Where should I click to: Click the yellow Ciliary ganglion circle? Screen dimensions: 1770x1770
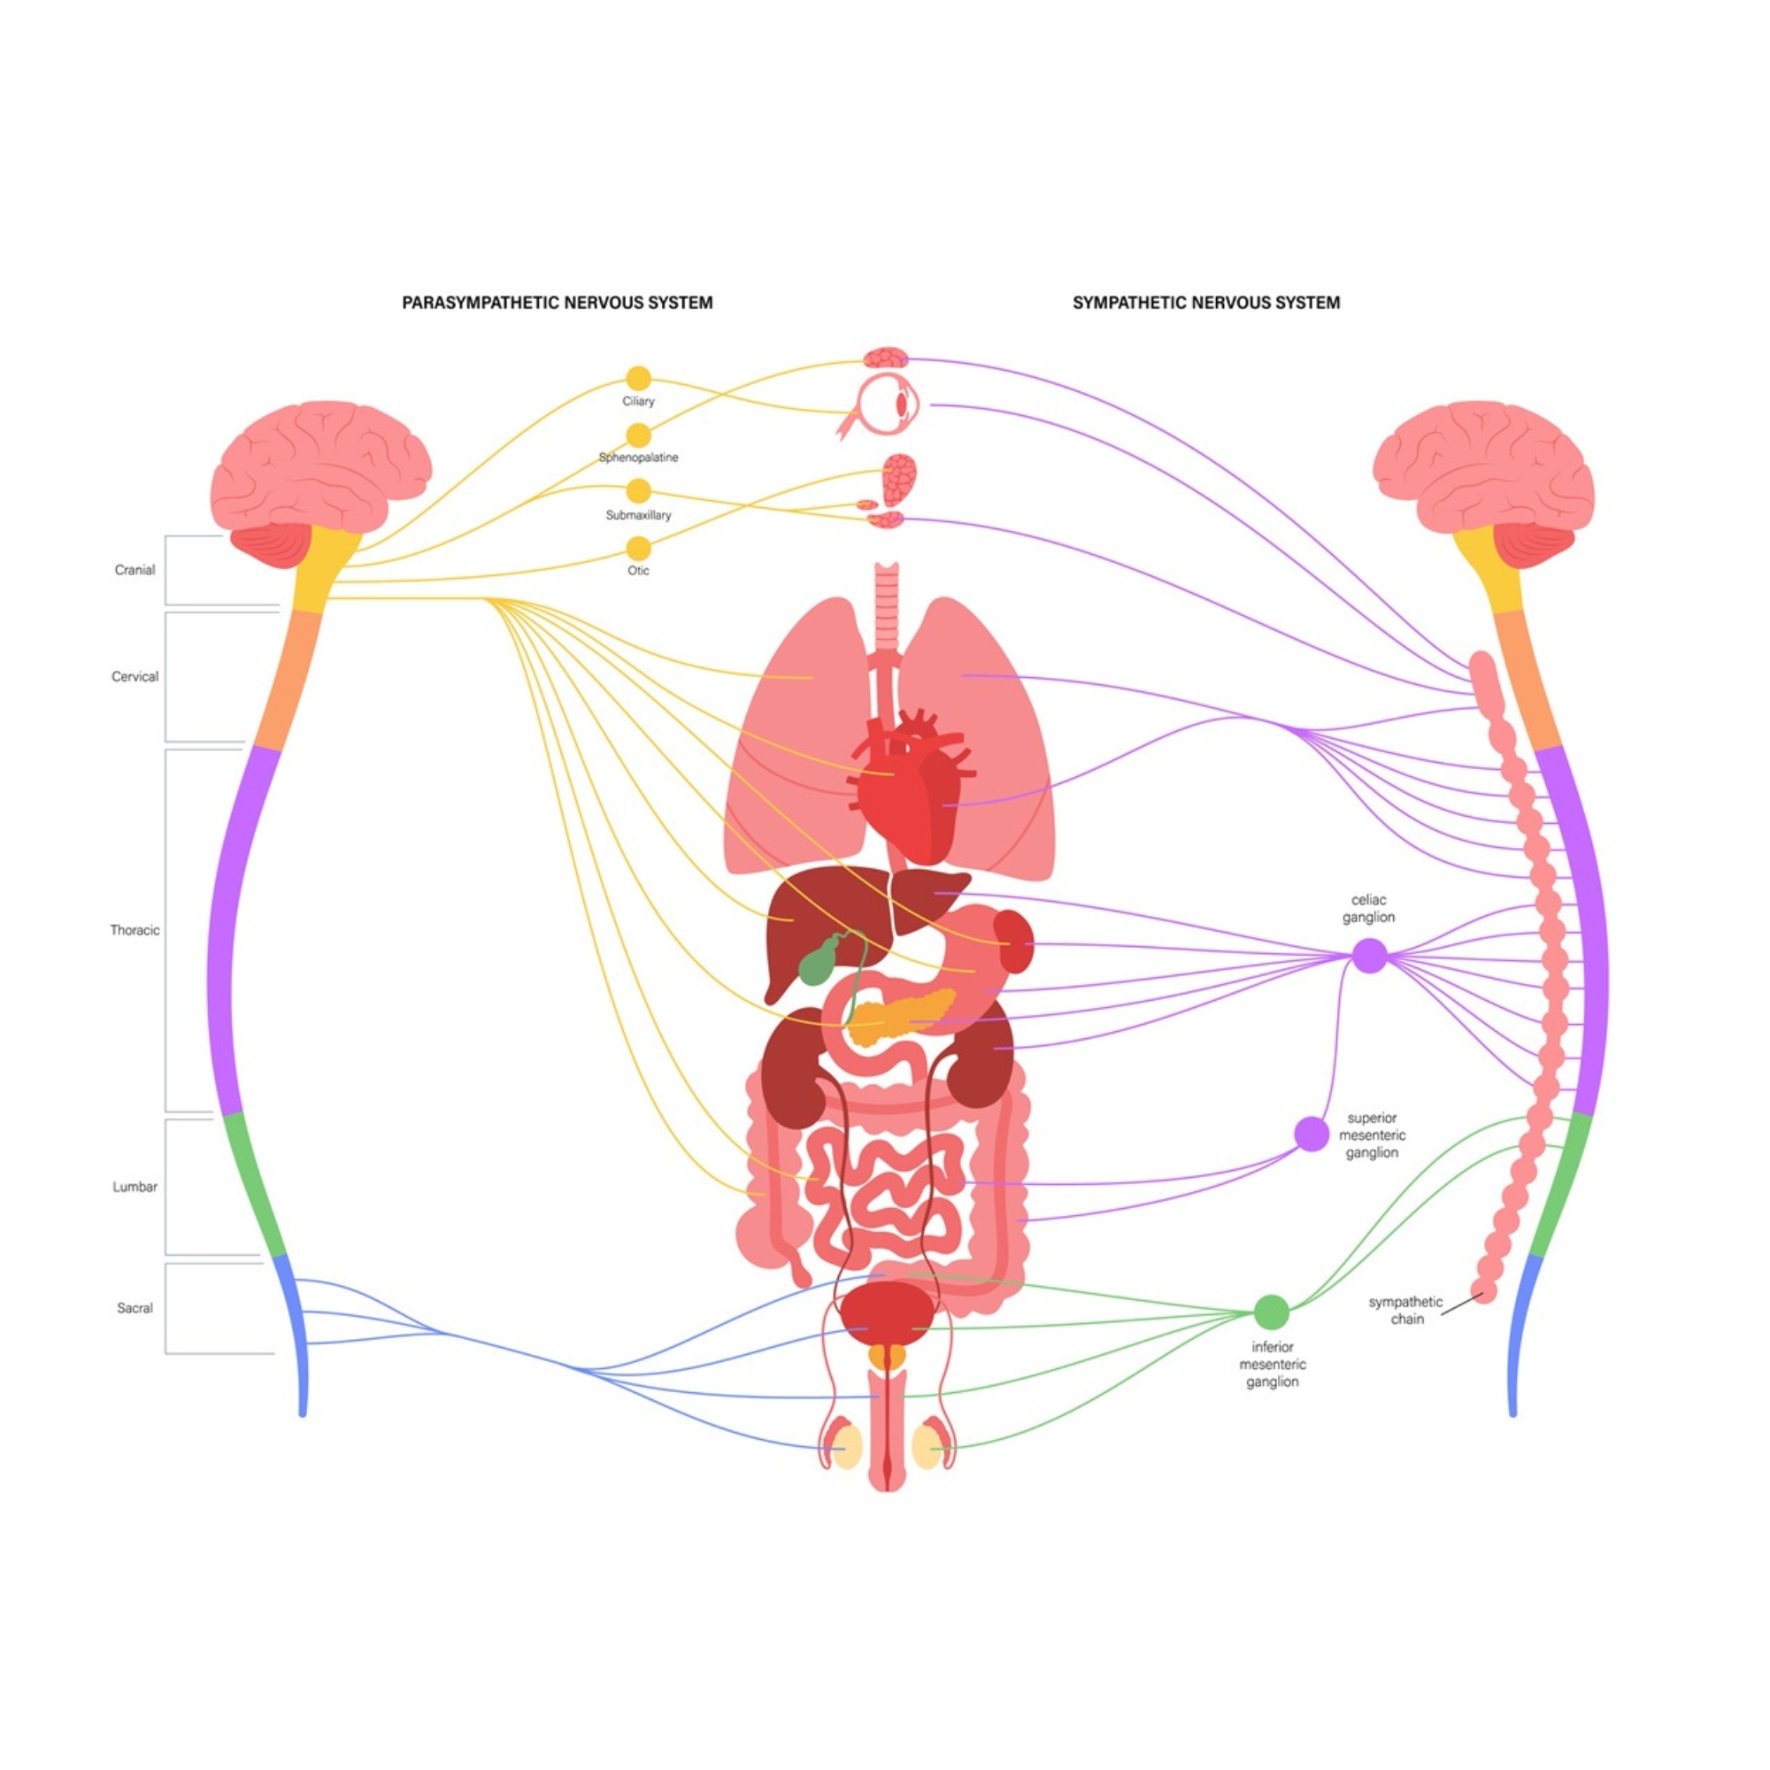tap(639, 379)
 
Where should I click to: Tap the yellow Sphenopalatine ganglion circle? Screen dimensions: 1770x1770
tap(639, 435)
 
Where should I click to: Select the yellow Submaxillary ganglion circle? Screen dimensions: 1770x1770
tap(639, 490)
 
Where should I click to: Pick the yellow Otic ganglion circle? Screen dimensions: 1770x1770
tap(639, 549)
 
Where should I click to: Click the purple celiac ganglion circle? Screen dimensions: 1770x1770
tap(1370, 956)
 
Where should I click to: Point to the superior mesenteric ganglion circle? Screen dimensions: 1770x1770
tap(1311, 1134)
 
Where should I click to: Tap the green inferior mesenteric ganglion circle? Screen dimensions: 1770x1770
tap(1271, 1312)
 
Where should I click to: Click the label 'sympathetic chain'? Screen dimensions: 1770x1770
tap(1405, 1310)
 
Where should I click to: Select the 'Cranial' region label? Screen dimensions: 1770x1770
tap(135, 570)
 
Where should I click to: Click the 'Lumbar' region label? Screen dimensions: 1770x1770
tap(135, 1187)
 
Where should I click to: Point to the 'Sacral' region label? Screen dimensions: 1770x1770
tap(135, 1308)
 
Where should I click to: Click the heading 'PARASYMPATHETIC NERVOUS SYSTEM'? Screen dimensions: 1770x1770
tap(557, 303)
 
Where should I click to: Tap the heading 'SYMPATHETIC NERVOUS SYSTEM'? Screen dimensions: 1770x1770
tap(1205, 303)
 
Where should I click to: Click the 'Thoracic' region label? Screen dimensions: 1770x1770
tap(135, 930)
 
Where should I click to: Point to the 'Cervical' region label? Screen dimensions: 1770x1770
tap(135, 677)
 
